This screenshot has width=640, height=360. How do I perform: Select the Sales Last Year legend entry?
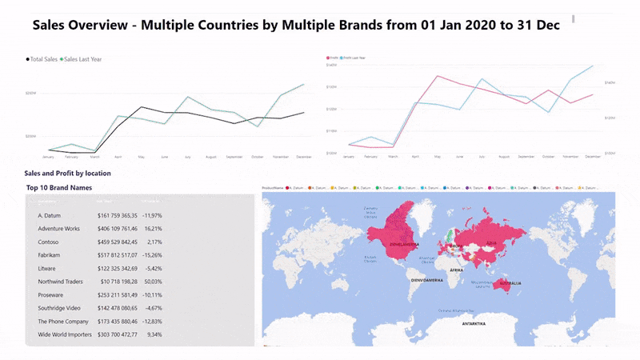(83, 59)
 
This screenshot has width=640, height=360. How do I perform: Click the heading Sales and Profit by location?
(67, 173)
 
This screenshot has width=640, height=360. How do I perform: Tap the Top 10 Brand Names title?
(59, 188)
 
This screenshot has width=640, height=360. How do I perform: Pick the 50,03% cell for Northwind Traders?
(152, 282)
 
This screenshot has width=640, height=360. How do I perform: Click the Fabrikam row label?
(50, 254)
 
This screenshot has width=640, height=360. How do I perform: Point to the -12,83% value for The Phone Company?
(151, 321)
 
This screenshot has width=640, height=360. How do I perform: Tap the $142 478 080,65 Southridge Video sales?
(118, 307)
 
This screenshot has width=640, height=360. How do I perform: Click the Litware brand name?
(48, 268)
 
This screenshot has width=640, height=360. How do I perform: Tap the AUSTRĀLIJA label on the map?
(510, 283)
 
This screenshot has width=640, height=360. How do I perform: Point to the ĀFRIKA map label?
(457, 270)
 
